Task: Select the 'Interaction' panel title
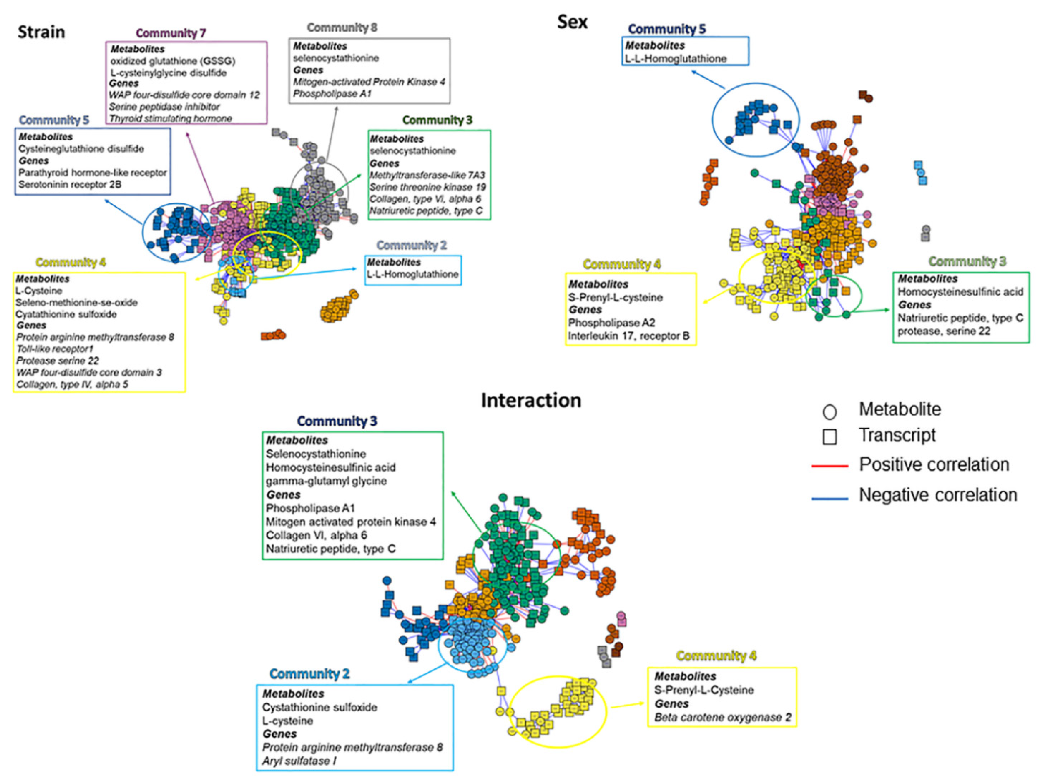click(x=531, y=400)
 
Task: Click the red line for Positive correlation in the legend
click(x=830, y=466)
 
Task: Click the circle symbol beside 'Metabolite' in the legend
click(x=830, y=412)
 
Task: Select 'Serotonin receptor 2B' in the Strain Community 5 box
click(x=70, y=185)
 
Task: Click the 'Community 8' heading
click(x=342, y=28)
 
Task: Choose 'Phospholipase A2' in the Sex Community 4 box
click(x=612, y=323)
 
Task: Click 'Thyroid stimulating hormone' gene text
click(x=170, y=118)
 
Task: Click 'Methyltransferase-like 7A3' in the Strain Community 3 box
click(x=427, y=175)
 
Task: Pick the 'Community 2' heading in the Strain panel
click(x=411, y=245)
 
